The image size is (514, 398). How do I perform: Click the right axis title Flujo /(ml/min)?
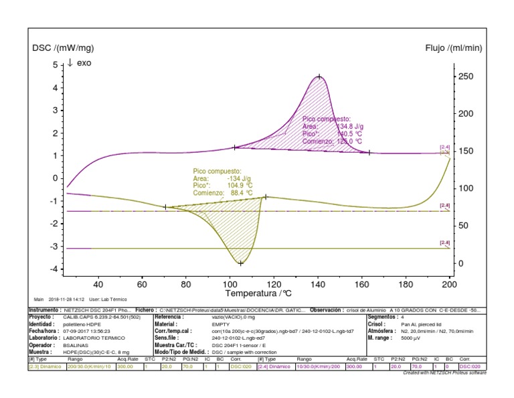point(453,48)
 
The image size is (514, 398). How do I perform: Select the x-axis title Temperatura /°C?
point(258,293)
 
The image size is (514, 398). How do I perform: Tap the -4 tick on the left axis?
point(55,269)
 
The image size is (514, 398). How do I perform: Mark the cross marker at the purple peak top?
point(319,77)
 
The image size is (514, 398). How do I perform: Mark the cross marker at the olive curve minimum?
point(240,263)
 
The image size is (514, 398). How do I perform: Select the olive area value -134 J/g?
point(239,179)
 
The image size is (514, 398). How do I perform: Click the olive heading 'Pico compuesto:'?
point(217,172)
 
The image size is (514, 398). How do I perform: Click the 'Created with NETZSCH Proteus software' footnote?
point(444,373)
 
